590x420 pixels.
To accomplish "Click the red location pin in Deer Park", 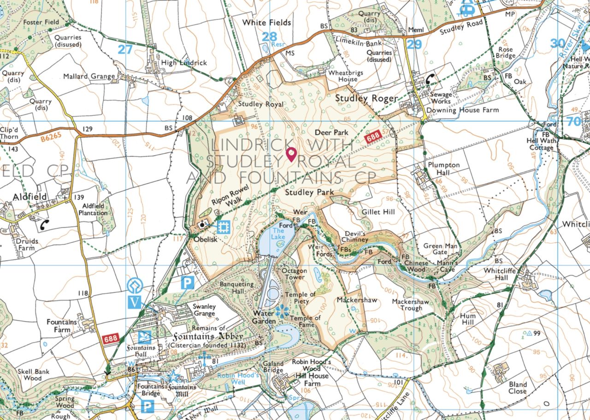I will tap(291, 154).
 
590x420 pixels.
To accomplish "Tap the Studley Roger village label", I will tap(366, 98).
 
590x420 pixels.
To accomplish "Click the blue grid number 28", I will tap(269, 36).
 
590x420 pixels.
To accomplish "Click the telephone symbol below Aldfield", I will tap(45, 225).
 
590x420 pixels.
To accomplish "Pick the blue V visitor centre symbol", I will tap(135, 303).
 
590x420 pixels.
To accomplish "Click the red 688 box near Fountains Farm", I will tap(110, 339).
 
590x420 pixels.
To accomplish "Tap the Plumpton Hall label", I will tap(443, 169).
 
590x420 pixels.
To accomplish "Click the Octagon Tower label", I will tap(293, 274).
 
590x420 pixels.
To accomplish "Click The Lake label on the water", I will tap(279, 234).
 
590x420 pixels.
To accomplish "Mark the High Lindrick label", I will tap(184, 63).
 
